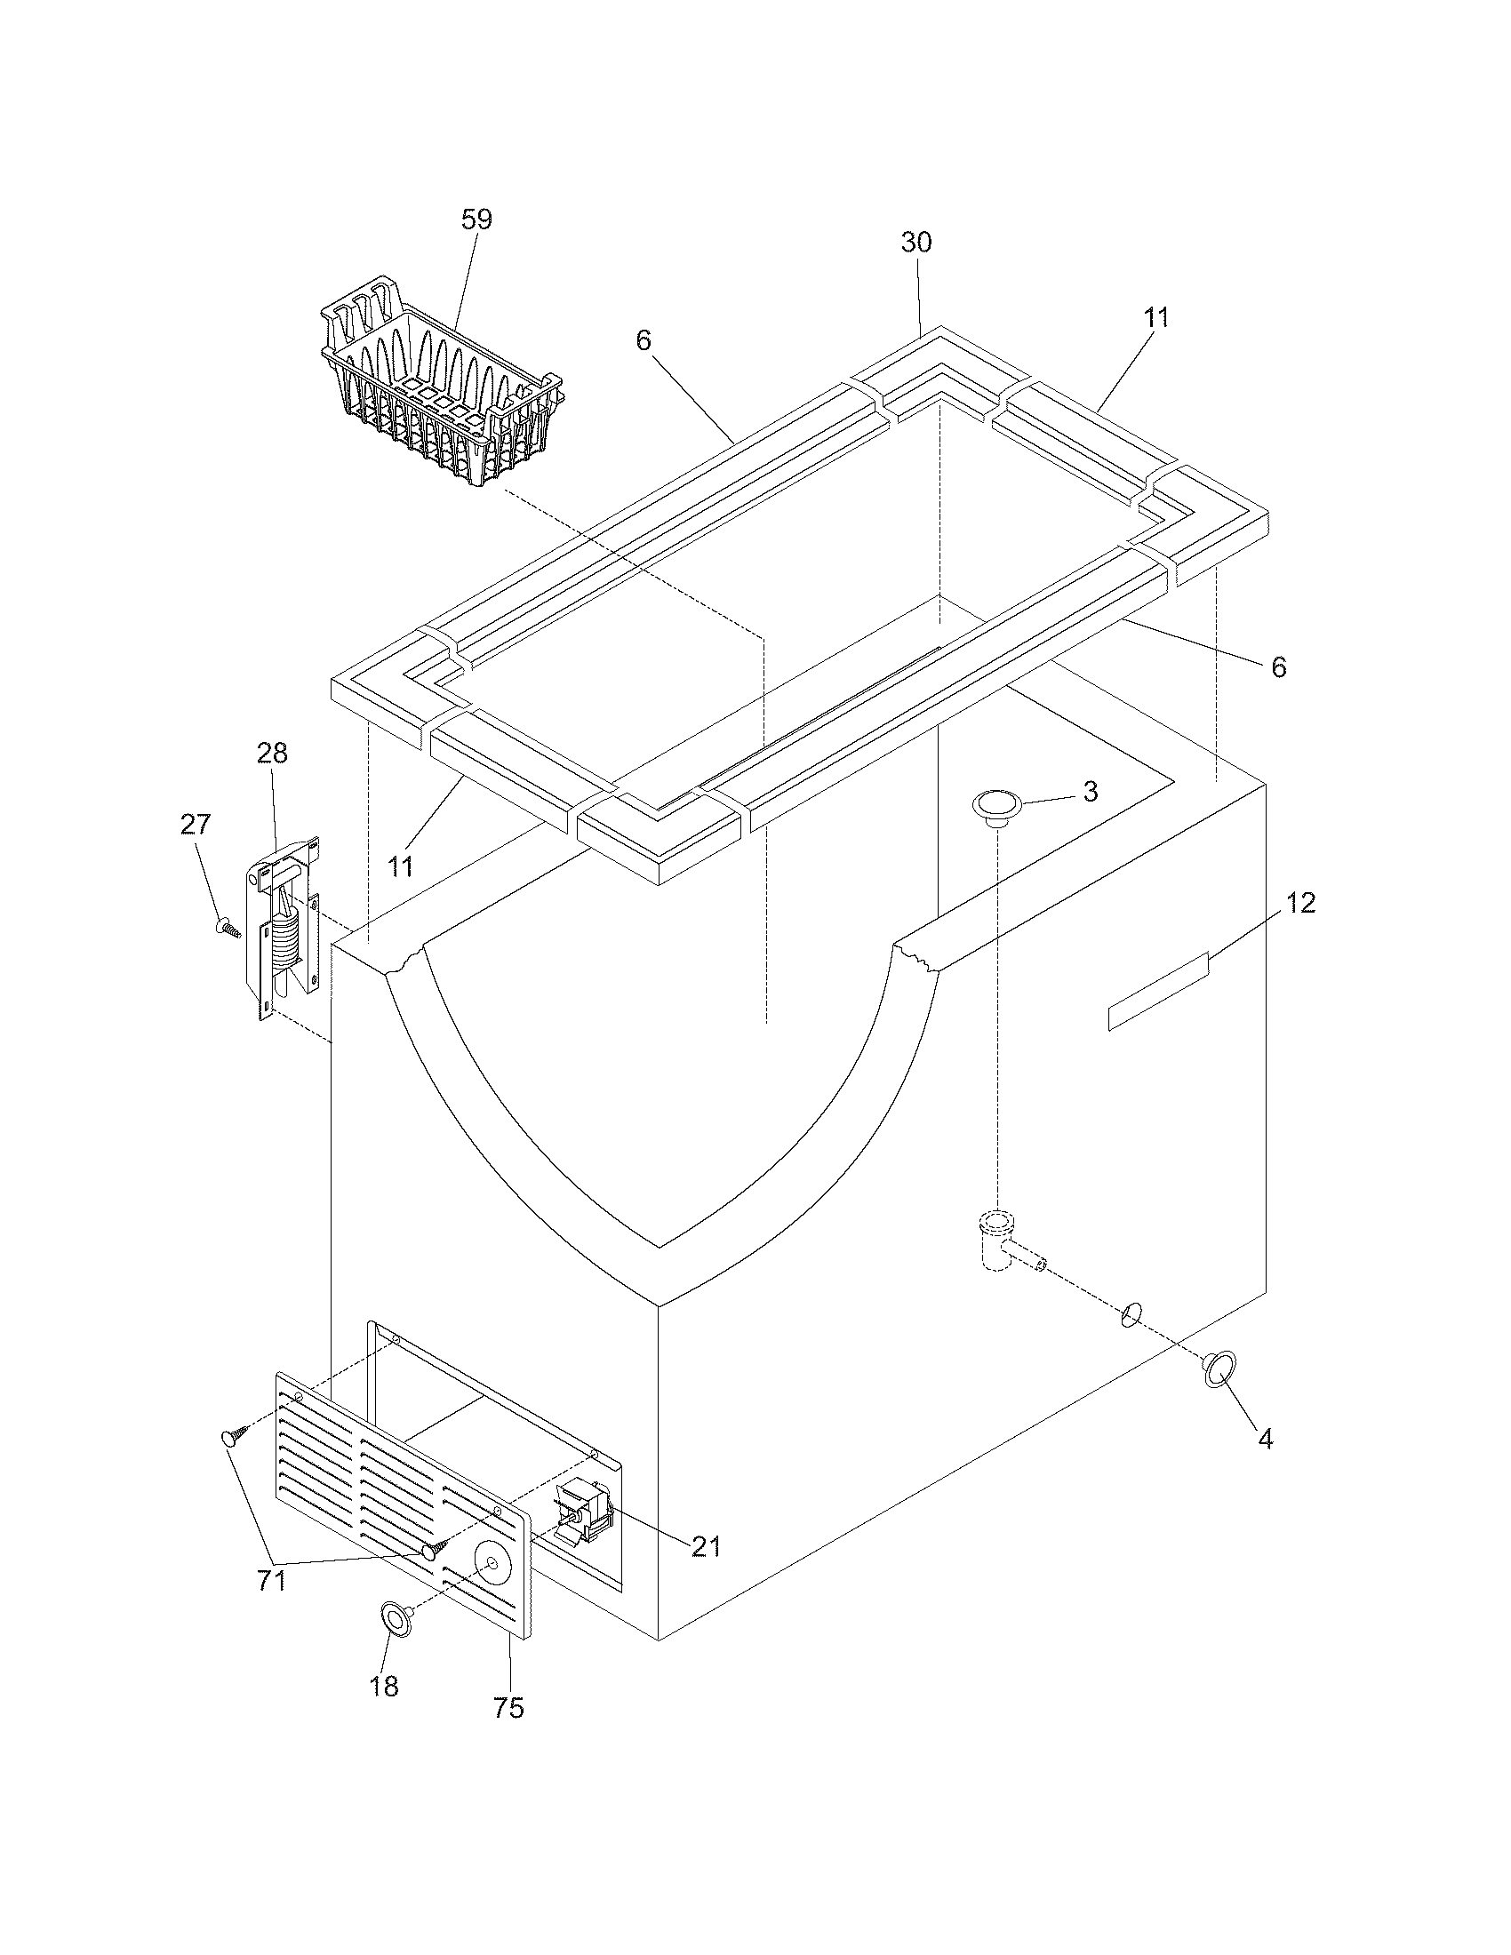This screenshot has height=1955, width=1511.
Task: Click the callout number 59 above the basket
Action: click(476, 220)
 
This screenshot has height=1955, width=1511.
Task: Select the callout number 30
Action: click(915, 243)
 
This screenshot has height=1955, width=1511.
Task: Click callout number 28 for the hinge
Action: click(272, 754)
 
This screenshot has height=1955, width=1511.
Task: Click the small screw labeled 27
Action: click(229, 928)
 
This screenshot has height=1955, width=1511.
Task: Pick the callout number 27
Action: click(196, 825)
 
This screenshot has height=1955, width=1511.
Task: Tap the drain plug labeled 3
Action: click(996, 805)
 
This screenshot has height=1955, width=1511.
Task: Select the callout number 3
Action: click(1090, 791)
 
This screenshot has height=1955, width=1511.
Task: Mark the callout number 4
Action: click(1265, 1439)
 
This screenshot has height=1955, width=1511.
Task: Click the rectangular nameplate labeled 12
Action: click(1158, 993)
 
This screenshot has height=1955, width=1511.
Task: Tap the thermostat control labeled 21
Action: click(583, 1516)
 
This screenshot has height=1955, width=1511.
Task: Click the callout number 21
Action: click(706, 1546)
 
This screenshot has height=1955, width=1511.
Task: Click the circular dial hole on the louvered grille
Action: click(491, 1563)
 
